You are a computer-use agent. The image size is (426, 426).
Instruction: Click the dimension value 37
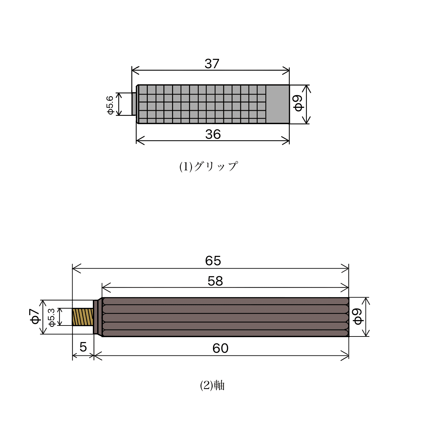(x=212, y=64)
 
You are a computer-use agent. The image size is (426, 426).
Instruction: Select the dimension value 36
(x=213, y=134)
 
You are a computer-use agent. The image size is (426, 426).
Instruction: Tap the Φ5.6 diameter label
(x=110, y=105)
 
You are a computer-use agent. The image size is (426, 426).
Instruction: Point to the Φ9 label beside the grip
(x=298, y=103)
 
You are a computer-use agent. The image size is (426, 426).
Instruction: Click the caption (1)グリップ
(x=209, y=166)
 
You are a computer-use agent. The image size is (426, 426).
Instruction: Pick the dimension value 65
(x=213, y=261)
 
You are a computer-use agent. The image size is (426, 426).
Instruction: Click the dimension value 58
(x=215, y=281)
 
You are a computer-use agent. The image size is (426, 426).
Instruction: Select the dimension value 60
(x=220, y=348)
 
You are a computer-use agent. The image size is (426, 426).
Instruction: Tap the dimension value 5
(x=83, y=347)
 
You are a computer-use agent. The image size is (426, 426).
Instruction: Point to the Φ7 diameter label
(x=35, y=316)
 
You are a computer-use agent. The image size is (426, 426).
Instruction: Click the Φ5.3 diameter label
(x=52, y=317)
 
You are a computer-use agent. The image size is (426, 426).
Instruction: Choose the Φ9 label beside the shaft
(x=357, y=317)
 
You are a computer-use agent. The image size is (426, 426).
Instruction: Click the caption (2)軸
(x=212, y=385)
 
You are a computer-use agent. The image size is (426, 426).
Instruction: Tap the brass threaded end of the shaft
(x=83, y=317)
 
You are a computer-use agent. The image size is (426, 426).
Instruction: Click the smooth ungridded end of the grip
(x=277, y=104)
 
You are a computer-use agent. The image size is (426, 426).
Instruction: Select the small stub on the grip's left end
(x=134, y=104)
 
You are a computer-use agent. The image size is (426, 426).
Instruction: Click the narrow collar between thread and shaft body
(x=96, y=317)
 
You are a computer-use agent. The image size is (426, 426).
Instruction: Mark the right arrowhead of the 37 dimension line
(x=286, y=70)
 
